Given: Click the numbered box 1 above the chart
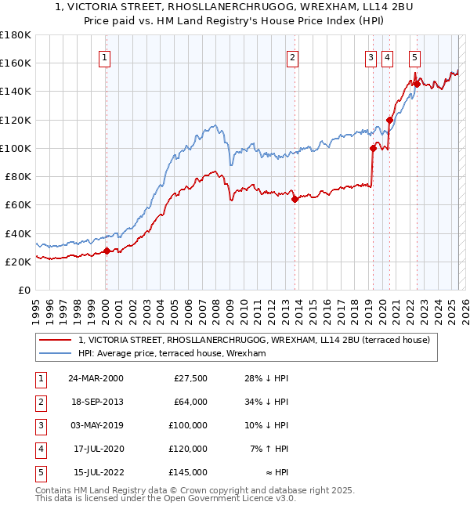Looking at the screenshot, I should (x=105, y=56).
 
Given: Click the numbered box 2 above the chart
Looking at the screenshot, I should (x=291, y=56).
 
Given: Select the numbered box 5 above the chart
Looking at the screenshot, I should (x=414, y=56).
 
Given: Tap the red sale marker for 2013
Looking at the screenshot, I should (x=295, y=199).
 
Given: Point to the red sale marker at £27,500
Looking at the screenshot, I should (x=107, y=251).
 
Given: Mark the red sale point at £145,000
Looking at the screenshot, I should (x=416, y=84).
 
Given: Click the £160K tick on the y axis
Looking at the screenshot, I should (x=15, y=63).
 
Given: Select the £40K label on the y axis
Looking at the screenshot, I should (x=17, y=233).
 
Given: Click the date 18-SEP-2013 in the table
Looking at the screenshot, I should (x=96, y=402).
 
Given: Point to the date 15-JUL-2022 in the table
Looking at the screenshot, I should (x=96, y=472).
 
